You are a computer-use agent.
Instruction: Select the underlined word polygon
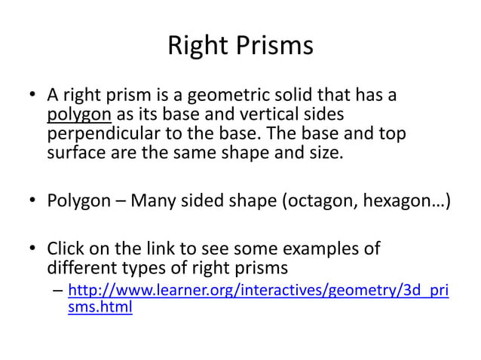pos(79,115)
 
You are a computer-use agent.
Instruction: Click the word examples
pos(323,248)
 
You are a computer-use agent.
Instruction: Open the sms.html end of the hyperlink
pos(100,308)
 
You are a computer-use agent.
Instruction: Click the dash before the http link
pos(57,290)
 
